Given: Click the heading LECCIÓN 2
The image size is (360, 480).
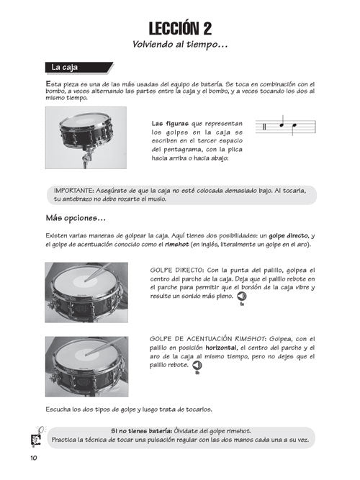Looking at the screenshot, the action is pyautogui.click(x=180, y=29).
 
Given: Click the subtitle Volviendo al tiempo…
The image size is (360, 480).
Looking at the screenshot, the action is pyautogui.click(x=180, y=45).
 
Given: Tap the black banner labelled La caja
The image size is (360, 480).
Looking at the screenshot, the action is pyautogui.click(x=79, y=68).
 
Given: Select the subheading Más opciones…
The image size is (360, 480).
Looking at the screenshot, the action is pyautogui.click(x=76, y=218).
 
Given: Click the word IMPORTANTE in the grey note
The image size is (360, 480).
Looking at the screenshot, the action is pyautogui.click(x=73, y=191).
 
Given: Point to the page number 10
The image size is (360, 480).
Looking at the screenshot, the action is pyautogui.click(x=34, y=458).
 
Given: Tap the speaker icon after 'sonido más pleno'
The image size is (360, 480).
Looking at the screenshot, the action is pyautogui.click(x=242, y=296).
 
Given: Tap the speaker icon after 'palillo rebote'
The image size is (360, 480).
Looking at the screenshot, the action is pyautogui.click(x=197, y=365).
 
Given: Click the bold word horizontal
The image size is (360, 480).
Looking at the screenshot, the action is pyautogui.click(x=221, y=348).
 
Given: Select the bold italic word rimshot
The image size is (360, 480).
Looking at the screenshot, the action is pyautogui.click(x=177, y=244).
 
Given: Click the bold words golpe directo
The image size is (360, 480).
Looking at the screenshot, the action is pyautogui.click(x=288, y=236).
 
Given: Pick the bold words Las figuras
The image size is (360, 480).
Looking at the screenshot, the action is pyautogui.click(x=170, y=124).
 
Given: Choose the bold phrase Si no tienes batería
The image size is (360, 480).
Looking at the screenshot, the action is pyautogui.click(x=142, y=431).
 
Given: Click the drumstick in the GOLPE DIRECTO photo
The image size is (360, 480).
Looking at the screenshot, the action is pyautogui.click(x=98, y=272).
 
